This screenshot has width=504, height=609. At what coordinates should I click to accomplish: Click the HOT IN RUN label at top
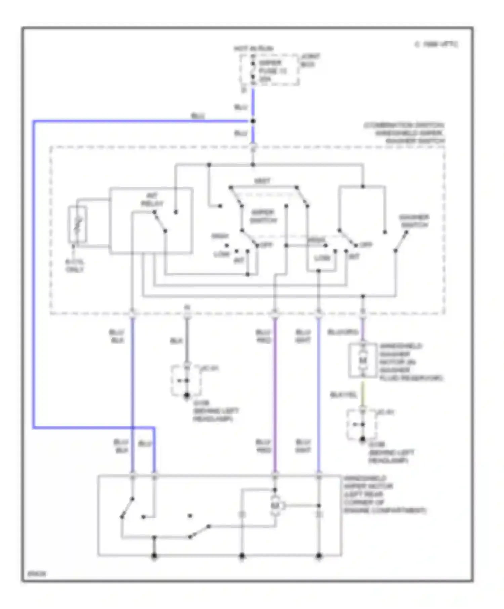(x=253, y=49)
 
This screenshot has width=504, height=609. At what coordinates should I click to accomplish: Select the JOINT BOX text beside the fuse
(x=310, y=60)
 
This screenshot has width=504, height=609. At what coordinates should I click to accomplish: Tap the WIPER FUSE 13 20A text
(x=272, y=71)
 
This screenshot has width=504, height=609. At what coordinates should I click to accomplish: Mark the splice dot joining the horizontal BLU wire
(x=253, y=121)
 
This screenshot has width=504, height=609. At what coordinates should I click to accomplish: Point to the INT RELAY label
(x=152, y=200)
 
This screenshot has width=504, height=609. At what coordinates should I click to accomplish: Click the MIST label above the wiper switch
(x=262, y=181)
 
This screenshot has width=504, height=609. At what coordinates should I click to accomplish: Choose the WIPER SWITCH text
(x=263, y=216)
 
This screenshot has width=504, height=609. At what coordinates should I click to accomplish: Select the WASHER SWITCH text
(x=414, y=221)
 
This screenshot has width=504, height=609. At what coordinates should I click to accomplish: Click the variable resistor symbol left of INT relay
(x=78, y=224)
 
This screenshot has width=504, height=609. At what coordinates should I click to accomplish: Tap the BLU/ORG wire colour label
(x=342, y=332)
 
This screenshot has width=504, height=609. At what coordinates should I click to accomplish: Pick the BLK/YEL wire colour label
(x=343, y=395)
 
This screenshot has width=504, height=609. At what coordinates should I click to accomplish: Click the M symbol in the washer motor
(x=362, y=360)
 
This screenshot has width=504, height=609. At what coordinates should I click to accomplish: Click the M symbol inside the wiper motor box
(x=276, y=505)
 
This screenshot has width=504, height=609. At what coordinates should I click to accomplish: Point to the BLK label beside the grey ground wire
(x=176, y=341)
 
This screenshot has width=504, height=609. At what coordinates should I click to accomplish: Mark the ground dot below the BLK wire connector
(x=187, y=396)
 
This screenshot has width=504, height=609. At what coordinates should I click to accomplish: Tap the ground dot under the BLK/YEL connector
(x=362, y=439)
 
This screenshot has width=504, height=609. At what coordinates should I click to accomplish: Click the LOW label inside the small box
(x=322, y=258)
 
